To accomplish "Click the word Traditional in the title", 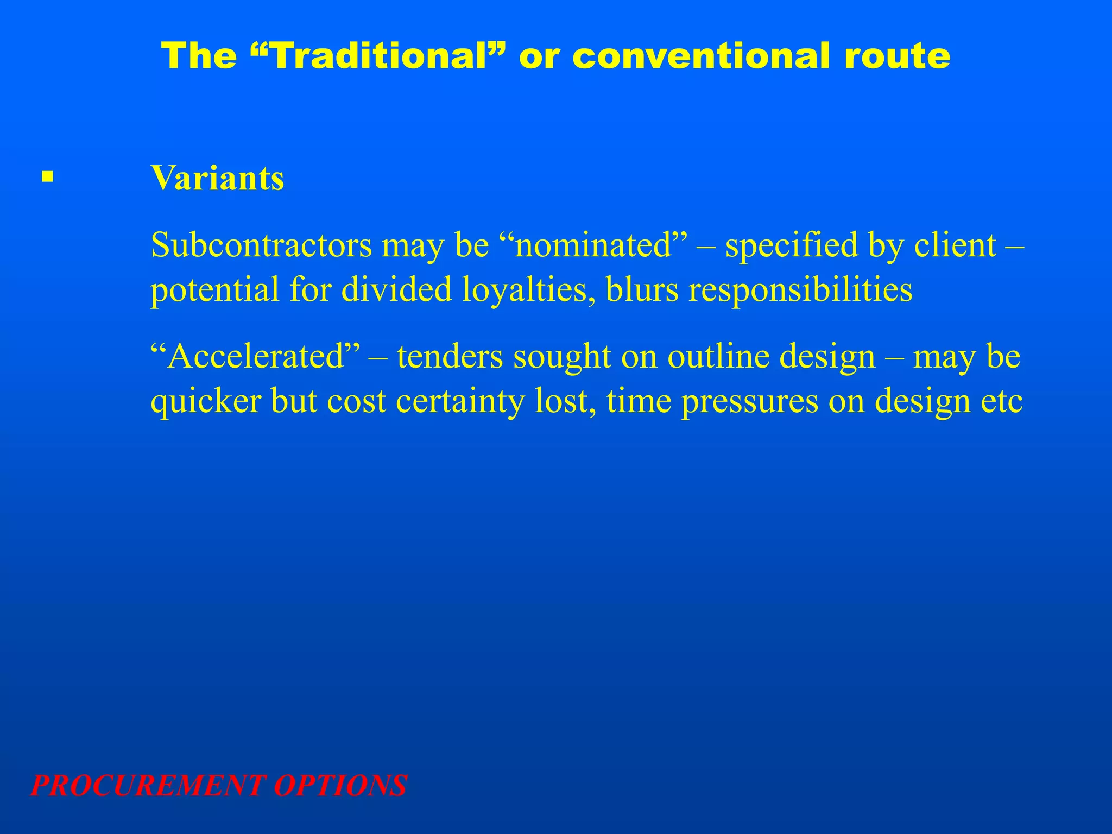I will click(380, 56).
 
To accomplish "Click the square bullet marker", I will click(48, 177).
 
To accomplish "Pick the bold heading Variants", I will click(217, 178).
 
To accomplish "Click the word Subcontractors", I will click(261, 245).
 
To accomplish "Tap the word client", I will click(955, 245).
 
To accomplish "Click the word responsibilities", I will click(800, 289).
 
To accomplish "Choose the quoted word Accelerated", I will click(256, 357).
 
